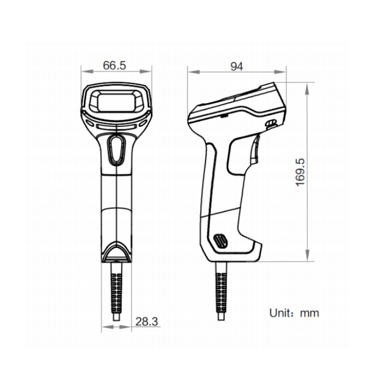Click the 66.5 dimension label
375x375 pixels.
[x=114, y=65]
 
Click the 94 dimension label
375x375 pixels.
[x=236, y=66]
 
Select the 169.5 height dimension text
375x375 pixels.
[x=300, y=172]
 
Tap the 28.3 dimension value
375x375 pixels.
[x=146, y=321]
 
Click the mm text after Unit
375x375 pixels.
[x=309, y=313]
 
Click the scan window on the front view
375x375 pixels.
[x=116, y=102]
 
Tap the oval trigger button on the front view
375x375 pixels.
[x=116, y=149]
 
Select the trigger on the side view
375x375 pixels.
[x=255, y=149]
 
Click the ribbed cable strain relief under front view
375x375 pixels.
[x=116, y=292]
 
